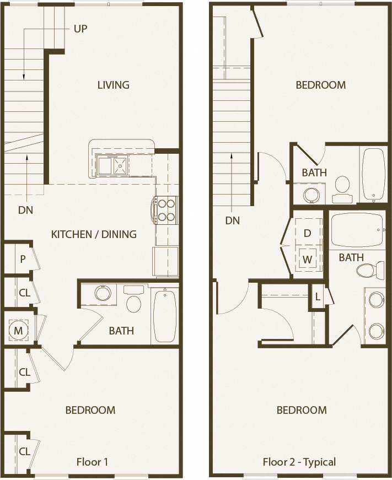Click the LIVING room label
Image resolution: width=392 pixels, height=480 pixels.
113,85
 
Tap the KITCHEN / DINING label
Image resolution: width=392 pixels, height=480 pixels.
94,234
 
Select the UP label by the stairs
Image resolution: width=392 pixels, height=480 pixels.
80,28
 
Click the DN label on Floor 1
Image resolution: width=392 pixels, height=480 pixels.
25,209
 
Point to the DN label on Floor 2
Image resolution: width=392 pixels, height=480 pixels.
233,220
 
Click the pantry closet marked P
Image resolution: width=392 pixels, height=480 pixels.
23,258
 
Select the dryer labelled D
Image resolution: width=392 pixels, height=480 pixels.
308,233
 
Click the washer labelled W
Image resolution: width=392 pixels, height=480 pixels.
308,258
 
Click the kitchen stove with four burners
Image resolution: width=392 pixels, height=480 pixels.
167,210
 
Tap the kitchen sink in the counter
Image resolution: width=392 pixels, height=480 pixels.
112,164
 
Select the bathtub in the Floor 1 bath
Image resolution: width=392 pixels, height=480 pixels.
165,316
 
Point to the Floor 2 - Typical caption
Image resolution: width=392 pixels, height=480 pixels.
299,462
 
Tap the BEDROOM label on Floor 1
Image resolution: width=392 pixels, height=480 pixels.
90,410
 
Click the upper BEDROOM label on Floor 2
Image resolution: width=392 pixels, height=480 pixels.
320,85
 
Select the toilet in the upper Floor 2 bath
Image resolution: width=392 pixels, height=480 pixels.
342,186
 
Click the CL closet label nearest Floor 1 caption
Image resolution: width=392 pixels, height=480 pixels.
24,451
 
